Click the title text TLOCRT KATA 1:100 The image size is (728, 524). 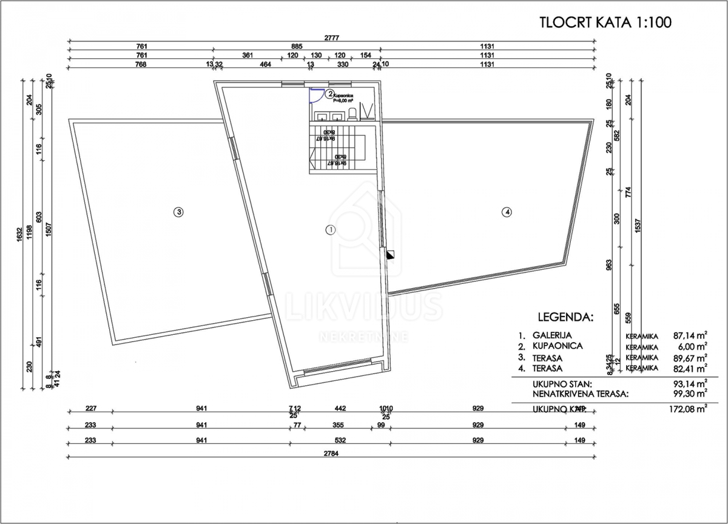(605, 22)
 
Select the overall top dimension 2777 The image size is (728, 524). (332, 38)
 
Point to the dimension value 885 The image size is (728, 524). (296, 46)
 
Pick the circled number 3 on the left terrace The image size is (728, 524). (178, 212)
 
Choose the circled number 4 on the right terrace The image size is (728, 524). (507, 212)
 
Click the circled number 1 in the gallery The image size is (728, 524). (331, 229)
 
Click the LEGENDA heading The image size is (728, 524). (565, 317)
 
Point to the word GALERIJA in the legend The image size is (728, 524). (552, 335)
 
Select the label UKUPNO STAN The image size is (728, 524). (562, 383)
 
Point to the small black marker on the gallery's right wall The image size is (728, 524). (391, 255)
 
